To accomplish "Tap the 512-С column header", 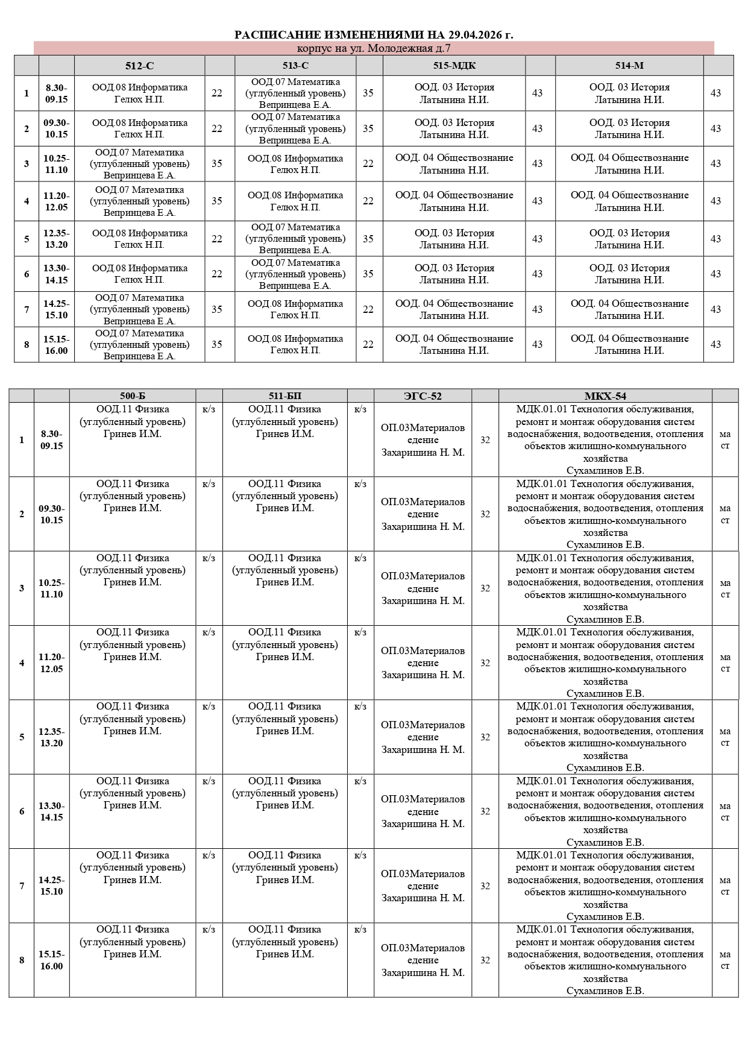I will [x=139, y=66].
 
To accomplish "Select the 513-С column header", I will [x=295, y=66].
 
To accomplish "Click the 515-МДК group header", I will [x=454, y=66].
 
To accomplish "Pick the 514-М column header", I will [x=629, y=66].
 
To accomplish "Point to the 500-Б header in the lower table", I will [x=133, y=396].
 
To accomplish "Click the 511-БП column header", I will [x=284, y=396].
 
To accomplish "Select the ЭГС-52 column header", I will [x=423, y=396].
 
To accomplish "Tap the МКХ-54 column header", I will [x=605, y=396].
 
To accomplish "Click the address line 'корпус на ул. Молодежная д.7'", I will [x=374, y=48].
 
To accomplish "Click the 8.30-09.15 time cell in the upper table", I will [x=56, y=93].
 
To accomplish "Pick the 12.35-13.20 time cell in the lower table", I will [x=51, y=737].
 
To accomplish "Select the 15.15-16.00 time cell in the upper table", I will [x=56, y=345].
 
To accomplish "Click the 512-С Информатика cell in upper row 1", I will [x=139, y=93].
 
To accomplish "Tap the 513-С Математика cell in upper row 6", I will [x=295, y=274].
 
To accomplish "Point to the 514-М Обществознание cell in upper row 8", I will [x=629, y=345].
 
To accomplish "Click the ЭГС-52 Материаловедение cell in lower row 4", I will [x=423, y=663].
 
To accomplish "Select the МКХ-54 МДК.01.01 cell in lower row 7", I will [x=605, y=886].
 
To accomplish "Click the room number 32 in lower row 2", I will [x=485, y=514].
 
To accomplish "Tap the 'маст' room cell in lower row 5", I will [x=725, y=737].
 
